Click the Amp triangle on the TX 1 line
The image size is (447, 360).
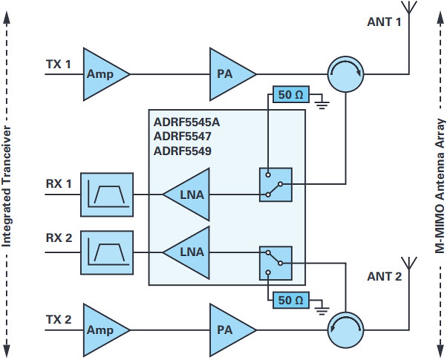(x=102, y=74)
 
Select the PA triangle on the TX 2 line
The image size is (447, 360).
(x=228, y=330)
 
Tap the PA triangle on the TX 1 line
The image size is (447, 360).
(x=228, y=74)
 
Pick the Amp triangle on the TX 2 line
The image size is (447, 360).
(x=102, y=330)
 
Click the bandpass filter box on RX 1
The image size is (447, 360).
(x=107, y=195)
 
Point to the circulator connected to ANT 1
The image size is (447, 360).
(x=346, y=74)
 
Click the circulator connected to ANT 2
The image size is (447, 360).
(x=346, y=330)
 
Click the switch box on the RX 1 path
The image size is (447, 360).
(x=276, y=185)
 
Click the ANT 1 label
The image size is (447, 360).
(x=384, y=22)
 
